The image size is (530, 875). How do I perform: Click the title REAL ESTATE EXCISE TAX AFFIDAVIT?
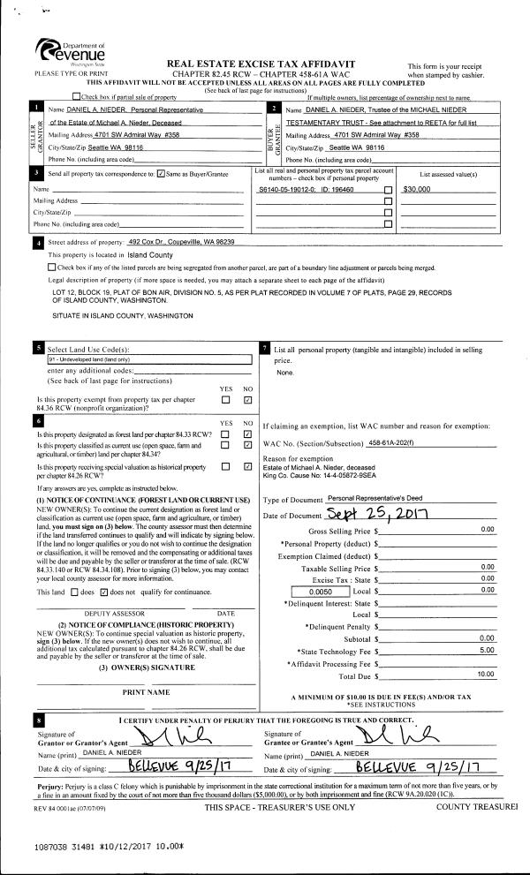(255, 64)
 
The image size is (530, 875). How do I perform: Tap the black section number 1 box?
(36, 108)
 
